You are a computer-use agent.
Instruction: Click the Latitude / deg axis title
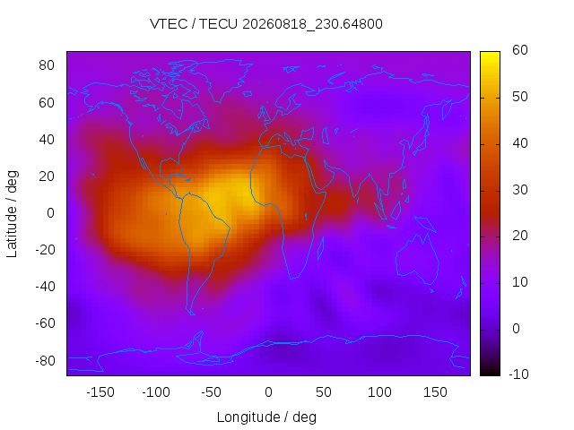tap(12, 214)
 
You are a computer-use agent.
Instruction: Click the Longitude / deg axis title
tap(266, 417)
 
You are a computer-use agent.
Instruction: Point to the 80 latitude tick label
tap(47, 65)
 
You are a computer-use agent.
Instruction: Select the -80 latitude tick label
tap(45, 360)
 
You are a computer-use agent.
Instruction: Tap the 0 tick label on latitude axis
tap(50, 213)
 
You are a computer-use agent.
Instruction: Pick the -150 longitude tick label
tap(100, 392)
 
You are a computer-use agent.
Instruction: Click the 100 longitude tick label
tap(379, 392)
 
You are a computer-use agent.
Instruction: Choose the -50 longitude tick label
tap(212, 392)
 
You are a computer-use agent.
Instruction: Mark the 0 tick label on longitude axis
tap(268, 392)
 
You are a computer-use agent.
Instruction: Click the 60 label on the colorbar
tap(520, 50)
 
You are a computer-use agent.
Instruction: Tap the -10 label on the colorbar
tap(518, 374)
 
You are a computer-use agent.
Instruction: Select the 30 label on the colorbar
tap(520, 190)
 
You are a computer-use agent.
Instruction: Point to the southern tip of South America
tap(192, 314)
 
